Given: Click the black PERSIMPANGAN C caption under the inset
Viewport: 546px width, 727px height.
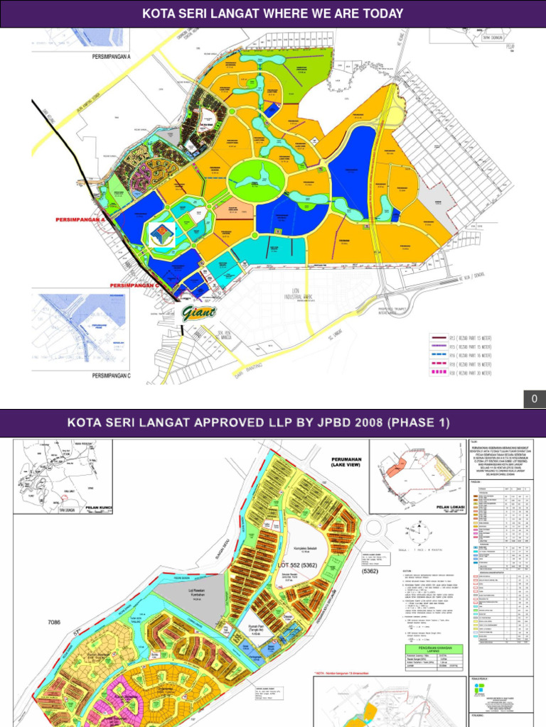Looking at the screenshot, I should (x=111, y=375).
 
